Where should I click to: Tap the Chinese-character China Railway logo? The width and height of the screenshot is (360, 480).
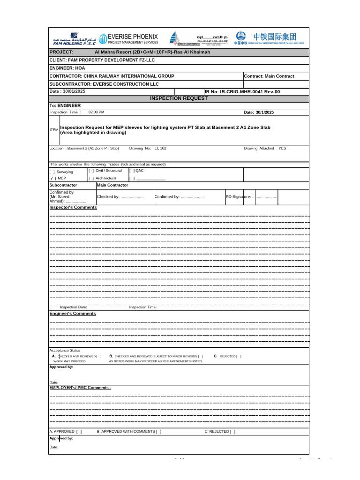click(x=275, y=37)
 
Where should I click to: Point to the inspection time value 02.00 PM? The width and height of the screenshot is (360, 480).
click(x=97, y=112)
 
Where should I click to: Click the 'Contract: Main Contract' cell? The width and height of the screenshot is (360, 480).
click(x=270, y=76)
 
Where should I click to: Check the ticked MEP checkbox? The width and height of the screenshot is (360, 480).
click(x=52, y=179)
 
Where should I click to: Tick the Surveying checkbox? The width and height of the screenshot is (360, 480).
click(x=52, y=172)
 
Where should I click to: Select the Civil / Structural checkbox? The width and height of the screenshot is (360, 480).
click(x=91, y=171)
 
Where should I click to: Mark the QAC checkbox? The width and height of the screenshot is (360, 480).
click(x=132, y=171)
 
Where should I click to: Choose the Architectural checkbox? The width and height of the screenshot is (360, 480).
click(x=91, y=179)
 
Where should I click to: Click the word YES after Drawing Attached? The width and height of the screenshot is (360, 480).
click(x=282, y=148)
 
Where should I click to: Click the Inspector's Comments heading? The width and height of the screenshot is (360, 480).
click(x=73, y=207)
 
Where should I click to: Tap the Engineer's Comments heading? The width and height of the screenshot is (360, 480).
click(x=73, y=314)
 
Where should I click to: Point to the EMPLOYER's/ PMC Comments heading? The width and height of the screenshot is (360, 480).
click(x=80, y=388)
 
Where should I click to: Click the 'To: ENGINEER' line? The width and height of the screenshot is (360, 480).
click(x=65, y=106)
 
